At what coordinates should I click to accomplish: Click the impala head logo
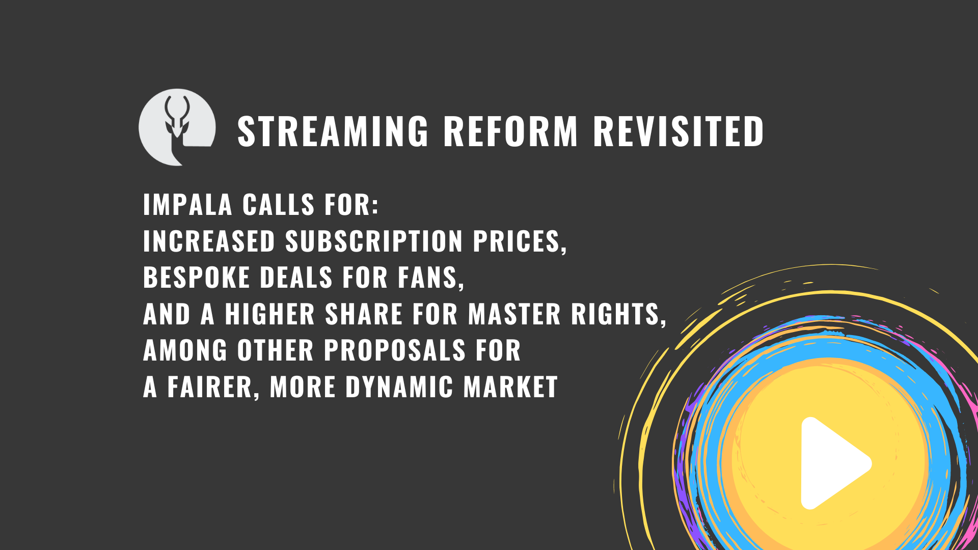(177, 127)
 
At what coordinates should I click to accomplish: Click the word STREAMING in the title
(333, 131)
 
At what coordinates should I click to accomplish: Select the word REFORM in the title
(511, 131)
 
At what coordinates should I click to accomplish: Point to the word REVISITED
(678, 131)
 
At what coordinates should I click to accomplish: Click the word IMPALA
(187, 205)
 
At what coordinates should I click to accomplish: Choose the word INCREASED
(209, 241)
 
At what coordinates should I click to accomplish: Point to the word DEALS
(296, 278)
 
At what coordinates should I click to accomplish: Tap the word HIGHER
(270, 314)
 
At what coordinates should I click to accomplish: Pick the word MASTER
(514, 314)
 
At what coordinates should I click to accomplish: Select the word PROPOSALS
(395, 350)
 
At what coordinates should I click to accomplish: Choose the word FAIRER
(210, 387)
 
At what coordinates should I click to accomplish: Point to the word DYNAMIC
(399, 387)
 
